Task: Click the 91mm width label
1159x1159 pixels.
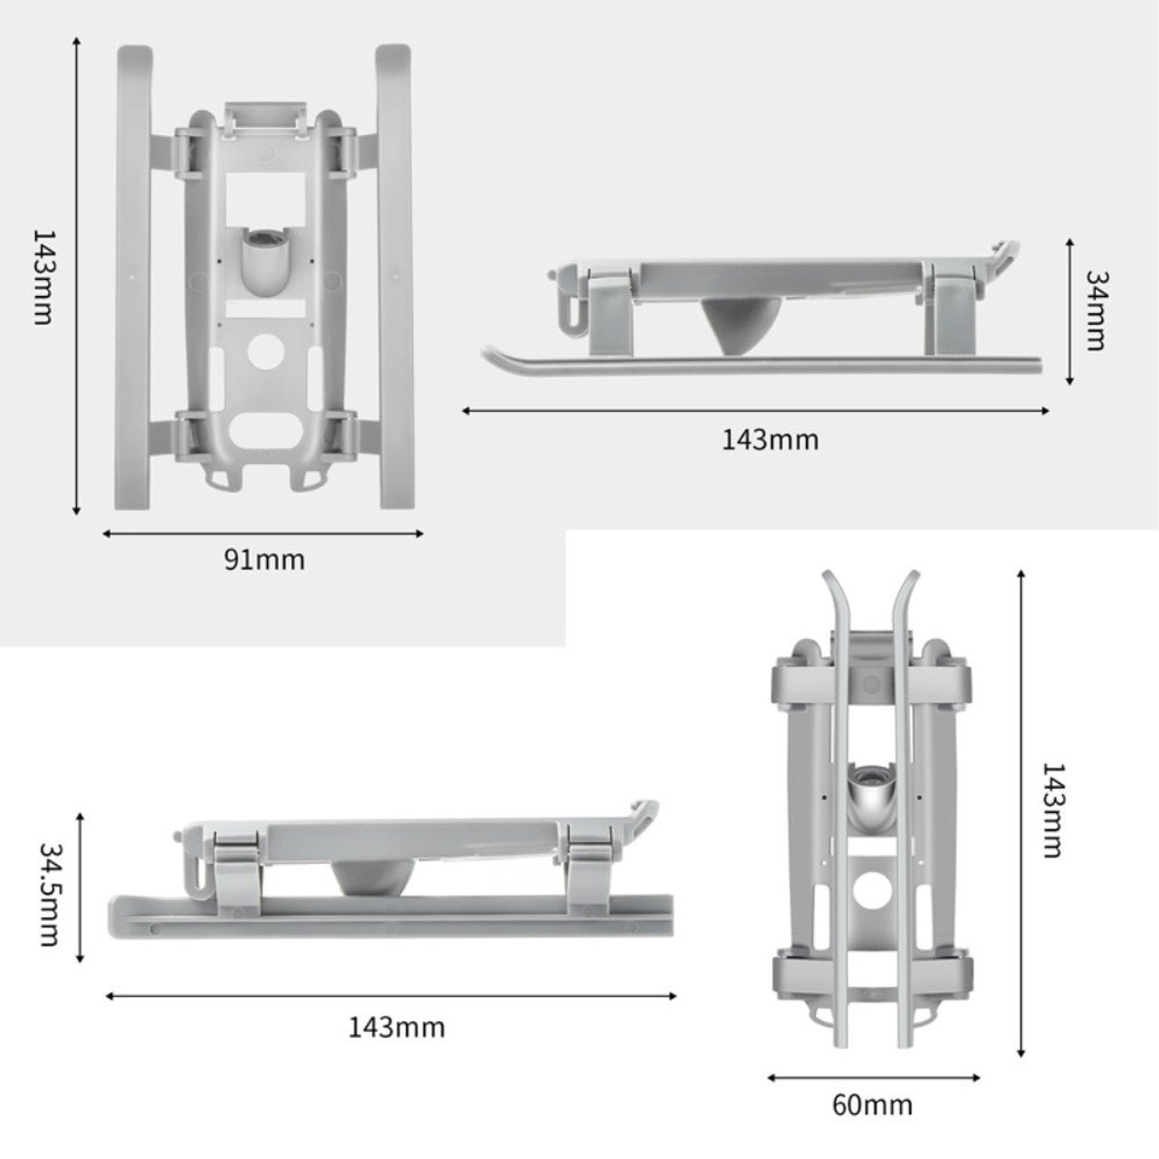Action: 264,560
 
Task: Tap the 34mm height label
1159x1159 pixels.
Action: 1097,310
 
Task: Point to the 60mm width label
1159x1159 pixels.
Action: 873,1105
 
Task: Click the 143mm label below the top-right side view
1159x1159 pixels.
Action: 770,440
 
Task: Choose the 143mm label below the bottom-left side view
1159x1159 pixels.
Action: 397,1027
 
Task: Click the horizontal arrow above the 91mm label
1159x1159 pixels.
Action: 263,533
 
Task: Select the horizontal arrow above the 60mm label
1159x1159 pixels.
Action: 874,1078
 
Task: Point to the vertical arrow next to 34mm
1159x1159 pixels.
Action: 1069,311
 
